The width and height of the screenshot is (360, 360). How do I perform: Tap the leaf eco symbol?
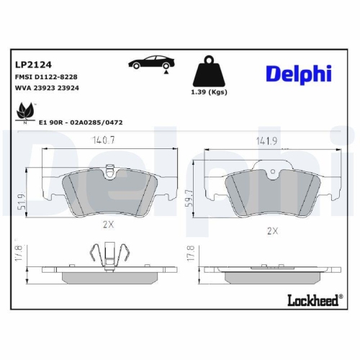[26, 112]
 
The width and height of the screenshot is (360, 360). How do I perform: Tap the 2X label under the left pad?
[109, 224]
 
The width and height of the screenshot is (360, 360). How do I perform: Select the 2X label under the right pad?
[272, 230]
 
